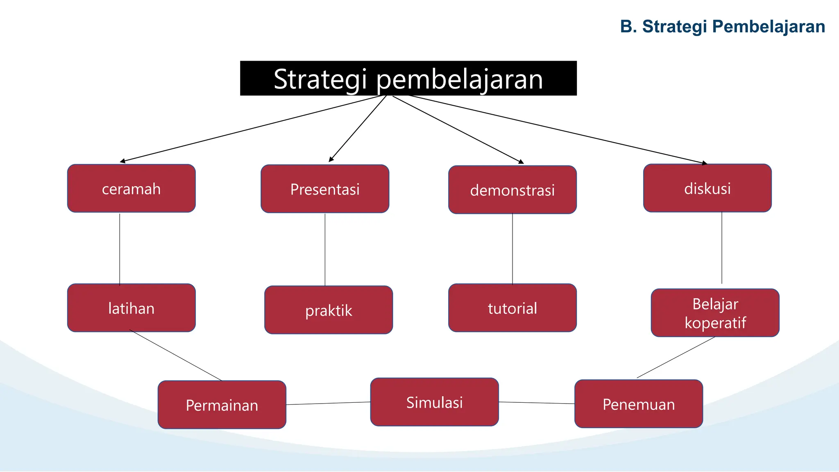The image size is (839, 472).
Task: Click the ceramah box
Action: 131,188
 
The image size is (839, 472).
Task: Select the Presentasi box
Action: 325,189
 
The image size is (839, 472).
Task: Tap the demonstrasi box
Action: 512,190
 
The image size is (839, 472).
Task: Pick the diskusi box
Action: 707,188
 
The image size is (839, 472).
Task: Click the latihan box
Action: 131,308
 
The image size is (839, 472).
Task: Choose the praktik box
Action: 329,310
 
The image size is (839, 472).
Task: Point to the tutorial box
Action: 512,308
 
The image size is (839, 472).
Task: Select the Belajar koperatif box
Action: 715,313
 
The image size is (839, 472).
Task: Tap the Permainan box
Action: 222,405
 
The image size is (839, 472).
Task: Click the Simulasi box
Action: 434,402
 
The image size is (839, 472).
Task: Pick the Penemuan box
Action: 638,404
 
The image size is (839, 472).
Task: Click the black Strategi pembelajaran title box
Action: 408,78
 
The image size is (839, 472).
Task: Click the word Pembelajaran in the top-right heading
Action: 768,26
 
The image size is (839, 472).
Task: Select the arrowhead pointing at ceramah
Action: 122,161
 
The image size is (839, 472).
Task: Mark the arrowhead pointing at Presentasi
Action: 331,159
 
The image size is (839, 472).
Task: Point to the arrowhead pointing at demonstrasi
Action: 521,162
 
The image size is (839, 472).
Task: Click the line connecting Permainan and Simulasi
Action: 328,403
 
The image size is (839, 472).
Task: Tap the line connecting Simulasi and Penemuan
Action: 537,403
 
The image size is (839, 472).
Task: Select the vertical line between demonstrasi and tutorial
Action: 512,248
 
